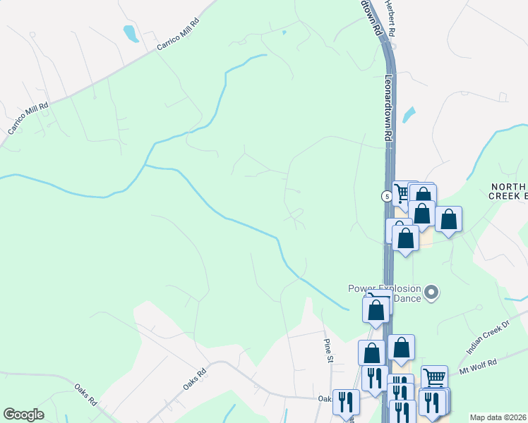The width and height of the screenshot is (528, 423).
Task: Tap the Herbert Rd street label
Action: [391, 18]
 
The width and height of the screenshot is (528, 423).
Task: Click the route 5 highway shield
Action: [388, 196]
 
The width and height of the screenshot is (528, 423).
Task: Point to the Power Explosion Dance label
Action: [385, 293]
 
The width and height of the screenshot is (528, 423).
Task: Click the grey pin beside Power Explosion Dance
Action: [433, 291]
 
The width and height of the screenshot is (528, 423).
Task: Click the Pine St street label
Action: [328, 350]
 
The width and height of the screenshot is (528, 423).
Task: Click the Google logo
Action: [23, 415]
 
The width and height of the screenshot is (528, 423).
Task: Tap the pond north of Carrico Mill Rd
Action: [131, 33]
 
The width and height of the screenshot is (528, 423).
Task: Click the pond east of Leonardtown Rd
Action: [408, 114]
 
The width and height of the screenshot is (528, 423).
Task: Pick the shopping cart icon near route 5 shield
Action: [403, 192]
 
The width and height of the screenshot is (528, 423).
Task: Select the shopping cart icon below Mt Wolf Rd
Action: [433, 376]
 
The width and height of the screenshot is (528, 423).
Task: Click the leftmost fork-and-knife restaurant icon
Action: [346, 401]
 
